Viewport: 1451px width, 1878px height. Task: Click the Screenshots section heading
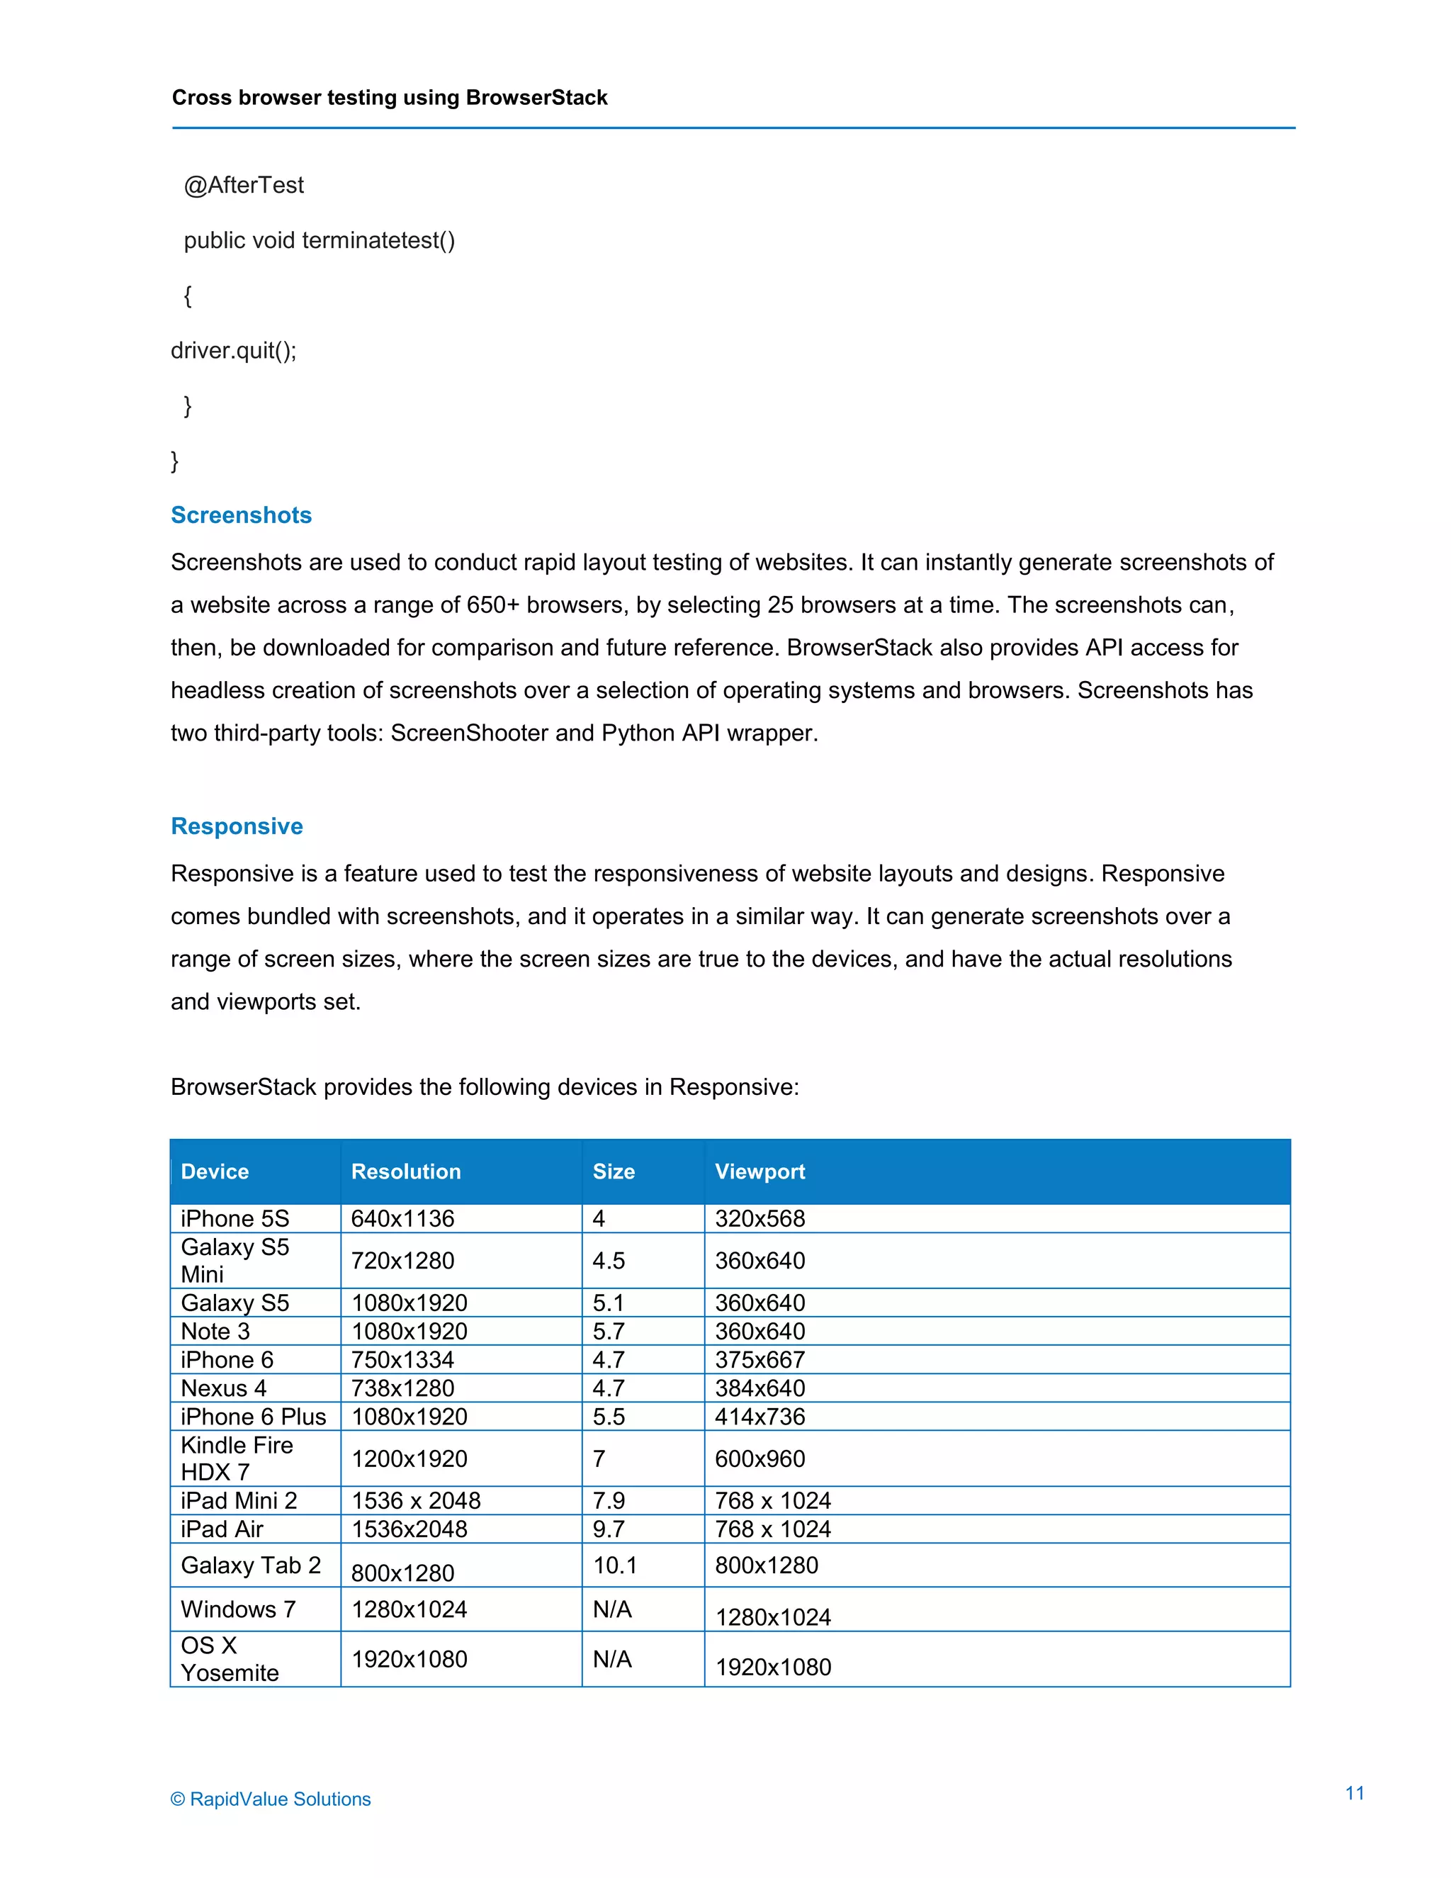(241, 515)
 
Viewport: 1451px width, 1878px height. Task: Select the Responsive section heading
(237, 826)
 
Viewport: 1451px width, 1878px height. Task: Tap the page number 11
(1355, 1793)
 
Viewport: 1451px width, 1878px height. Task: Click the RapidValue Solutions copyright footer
(271, 1799)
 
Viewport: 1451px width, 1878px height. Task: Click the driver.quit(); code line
(234, 350)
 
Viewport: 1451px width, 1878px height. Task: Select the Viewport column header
(760, 1171)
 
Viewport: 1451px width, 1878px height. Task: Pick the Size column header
(614, 1171)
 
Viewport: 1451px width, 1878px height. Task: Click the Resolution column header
(406, 1171)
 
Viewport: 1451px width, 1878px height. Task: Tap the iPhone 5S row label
(235, 1218)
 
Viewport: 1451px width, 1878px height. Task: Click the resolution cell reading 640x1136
(402, 1218)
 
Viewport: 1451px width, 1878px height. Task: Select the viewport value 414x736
(760, 1416)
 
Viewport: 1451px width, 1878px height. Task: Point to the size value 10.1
(614, 1565)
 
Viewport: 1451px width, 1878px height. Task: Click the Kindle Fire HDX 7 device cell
(237, 1458)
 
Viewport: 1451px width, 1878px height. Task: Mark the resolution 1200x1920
(410, 1458)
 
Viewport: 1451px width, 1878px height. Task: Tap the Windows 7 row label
(238, 1609)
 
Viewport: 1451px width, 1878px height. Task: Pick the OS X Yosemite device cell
(230, 1659)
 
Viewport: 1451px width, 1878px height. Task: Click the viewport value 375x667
(760, 1359)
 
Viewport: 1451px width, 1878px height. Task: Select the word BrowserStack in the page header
(536, 98)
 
